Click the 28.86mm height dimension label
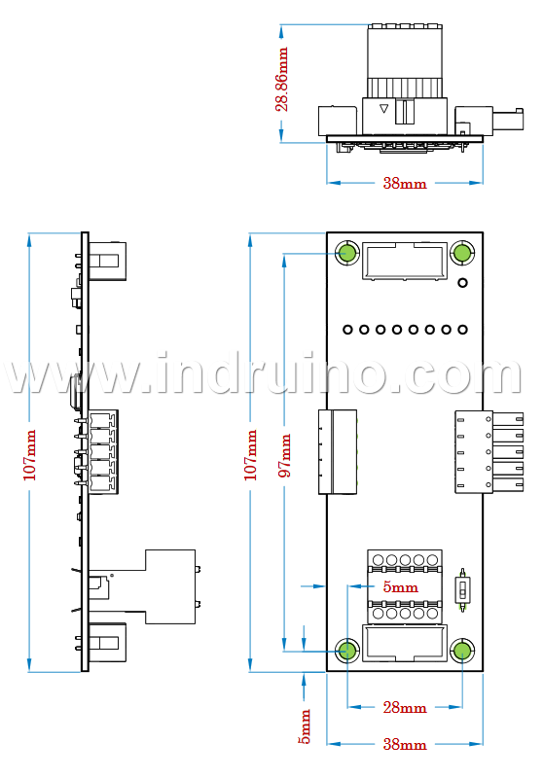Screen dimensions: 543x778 click(x=281, y=80)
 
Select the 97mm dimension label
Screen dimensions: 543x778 click(x=284, y=455)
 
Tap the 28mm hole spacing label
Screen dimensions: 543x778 click(x=405, y=707)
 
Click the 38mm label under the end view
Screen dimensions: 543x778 click(x=405, y=183)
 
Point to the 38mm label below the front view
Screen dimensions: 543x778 click(x=405, y=744)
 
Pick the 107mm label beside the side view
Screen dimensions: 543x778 click(x=30, y=455)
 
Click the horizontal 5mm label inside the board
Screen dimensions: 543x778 click(x=400, y=587)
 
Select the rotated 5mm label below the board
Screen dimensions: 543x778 click(x=305, y=726)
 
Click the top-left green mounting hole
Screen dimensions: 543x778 click(x=347, y=253)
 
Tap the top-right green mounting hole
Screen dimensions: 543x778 click(x=462, y=253)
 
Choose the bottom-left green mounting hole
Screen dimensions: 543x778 click(x=347, y=651)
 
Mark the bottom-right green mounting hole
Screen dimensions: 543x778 click(x=462, y=651)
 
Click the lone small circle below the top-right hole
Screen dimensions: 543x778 click(x=462, y=283)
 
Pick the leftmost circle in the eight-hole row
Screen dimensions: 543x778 click(x=348, y=329)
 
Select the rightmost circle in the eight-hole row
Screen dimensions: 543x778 click(x=462, y=329)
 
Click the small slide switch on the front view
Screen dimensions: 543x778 click(x=462, y=590)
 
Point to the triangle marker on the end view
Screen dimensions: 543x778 click(x=383, y=108)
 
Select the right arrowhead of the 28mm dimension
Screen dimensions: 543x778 click(x=455, y=707)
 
